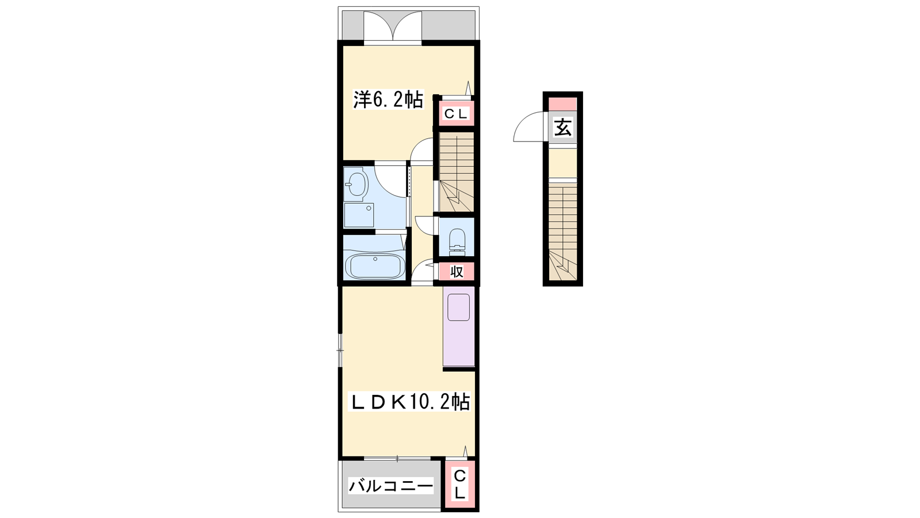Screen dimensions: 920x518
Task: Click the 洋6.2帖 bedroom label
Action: click(388, 100)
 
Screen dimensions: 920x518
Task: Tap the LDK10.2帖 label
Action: click(409, 402)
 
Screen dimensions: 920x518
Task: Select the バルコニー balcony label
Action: click(390, 486)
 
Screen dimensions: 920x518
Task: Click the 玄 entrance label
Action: click(563, 127)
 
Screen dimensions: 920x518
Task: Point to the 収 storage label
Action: click(457, 272)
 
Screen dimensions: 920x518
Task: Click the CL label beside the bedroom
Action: click(456, 114)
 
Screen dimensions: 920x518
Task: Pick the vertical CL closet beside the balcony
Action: click(460, 485)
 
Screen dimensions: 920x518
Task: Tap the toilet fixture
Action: click(457, 240)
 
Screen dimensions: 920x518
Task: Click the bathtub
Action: click(374, 266)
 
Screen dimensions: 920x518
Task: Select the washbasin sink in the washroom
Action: click(356, 185)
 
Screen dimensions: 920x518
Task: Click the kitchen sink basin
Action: click(458, 307)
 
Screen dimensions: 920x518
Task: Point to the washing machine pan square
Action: click(359, 215)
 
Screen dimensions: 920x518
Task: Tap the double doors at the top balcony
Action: click(393, 25)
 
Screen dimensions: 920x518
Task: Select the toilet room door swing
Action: click(425, 225)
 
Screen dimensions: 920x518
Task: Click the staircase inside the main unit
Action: click(457, 172)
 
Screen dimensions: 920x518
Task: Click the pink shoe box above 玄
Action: click(563, 104)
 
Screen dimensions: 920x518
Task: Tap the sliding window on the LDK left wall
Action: click(340, 350)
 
